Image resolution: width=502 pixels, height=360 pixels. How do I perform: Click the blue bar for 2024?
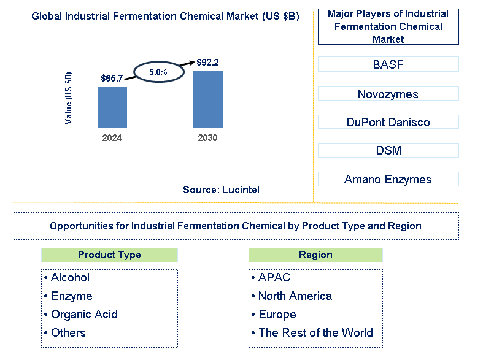point(112,107)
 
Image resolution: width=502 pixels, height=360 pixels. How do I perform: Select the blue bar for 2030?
point(208,99)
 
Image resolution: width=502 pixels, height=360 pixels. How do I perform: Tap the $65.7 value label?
point(112,78)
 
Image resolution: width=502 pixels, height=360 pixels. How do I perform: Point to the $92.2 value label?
point(207,63)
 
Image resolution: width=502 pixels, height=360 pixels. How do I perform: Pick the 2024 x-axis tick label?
point(112,138)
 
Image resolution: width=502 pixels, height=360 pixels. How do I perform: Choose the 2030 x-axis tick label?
point(207,138)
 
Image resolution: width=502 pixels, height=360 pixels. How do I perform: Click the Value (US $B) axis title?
point(69,98)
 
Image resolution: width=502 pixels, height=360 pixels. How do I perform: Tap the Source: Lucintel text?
point(221,190)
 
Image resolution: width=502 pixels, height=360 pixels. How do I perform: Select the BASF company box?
point(388,64)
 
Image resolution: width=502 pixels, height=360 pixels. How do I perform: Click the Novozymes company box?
point(388,94)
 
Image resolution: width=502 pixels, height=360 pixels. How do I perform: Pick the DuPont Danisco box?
point(388,122)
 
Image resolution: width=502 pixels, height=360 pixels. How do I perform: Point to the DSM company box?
point(388,150)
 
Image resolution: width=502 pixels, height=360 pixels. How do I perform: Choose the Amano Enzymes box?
point(388,179)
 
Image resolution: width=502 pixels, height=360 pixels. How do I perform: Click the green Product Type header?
point(109,255)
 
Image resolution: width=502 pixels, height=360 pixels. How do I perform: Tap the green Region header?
point(315,255)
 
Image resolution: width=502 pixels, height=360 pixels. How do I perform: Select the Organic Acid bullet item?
point(81,315)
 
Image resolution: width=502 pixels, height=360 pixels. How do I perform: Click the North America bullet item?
point(292,296)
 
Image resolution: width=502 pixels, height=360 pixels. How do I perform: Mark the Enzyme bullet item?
point(68,296)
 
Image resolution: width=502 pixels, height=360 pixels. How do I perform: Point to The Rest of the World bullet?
point(312,333)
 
